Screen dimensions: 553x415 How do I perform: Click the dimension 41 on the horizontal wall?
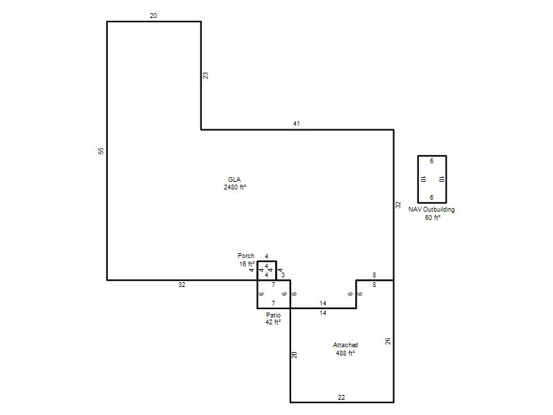pyautogui.click(x=297, y=124)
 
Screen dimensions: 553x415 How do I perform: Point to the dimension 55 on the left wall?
pyautogui.click(x=101, y=151)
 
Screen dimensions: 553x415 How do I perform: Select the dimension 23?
pyautogui.click(x=205, y=75)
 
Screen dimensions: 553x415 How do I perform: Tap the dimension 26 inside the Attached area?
pyautogui.click(x=388, y=341)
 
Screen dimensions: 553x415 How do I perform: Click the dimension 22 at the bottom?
pyautogui.click(x=341, y=397)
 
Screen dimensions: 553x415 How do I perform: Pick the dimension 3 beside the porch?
pyautogui.click(x=283, y=275)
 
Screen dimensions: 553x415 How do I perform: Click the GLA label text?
pyautogui.click(x=234, y=180)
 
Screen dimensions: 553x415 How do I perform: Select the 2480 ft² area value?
pyautogui.click(x=235, y=187)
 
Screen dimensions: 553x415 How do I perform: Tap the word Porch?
pyautogui.click(x=246, y=255)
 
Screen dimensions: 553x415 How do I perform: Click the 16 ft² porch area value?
pyautogui.click(x=247, y=264)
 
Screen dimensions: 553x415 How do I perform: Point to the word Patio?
pyautogui.click(x=273, y=315)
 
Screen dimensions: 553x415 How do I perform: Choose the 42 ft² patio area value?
pyautogui.click(x=273, y=322)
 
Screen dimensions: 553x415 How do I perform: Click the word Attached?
pyautogui.click(x=345, y=344)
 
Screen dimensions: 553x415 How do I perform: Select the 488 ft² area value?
pyautogui.click(x=345, y=353)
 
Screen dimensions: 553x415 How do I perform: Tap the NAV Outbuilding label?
pyautogui.click(x=431, y=210)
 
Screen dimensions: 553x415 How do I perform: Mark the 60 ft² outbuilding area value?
pyautogui.click(x=433, y=217)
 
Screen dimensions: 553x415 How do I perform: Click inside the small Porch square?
pyautogui.click(x=267, y=270)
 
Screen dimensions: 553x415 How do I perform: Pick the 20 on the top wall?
pyautogui.click(x=153, y=15)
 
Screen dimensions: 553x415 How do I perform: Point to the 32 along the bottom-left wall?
pyautogui.click(x=182, y=285)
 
